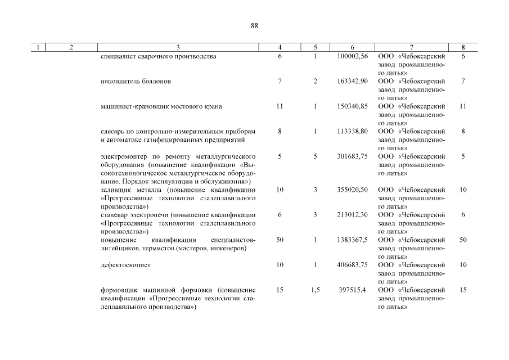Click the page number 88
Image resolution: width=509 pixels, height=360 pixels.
click(x=254, y=26)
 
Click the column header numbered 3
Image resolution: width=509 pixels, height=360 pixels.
click(x=178, y=47)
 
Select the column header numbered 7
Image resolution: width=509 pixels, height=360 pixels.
click(x=411, y=47)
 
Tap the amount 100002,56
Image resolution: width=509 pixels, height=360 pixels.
click(x=352, y=57)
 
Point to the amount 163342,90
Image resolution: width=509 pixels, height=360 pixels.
click(x=352, y=82)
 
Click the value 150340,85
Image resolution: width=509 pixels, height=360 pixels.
click(x=352, y=106)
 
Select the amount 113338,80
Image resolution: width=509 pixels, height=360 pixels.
click(x=352, y=131)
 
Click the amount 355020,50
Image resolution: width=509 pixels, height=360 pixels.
click(x=352, y=190)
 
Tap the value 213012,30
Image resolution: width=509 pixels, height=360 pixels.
click(x=352, y=215)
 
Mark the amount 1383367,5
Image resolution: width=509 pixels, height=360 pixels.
click(x=352, y=240)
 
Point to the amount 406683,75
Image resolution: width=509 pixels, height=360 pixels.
click(x=352, y=264)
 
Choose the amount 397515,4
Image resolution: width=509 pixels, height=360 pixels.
click(x=352, y=290)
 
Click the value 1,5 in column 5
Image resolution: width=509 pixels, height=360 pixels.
click(x=315, y=290)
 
